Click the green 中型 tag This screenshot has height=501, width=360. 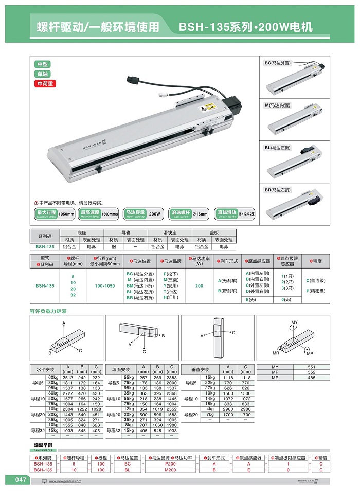coord(42,64)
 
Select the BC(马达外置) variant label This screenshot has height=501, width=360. coord(278,63)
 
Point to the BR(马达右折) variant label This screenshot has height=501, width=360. coord(278,190)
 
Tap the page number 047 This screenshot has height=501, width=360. coord(20,480)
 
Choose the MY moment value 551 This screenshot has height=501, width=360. coord(311,367)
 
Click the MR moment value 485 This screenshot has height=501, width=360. coord(311,378)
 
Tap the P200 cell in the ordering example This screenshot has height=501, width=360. coord(169,463)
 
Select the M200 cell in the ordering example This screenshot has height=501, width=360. coord(169,470)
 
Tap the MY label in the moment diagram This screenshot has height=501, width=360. coord(294,323)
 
